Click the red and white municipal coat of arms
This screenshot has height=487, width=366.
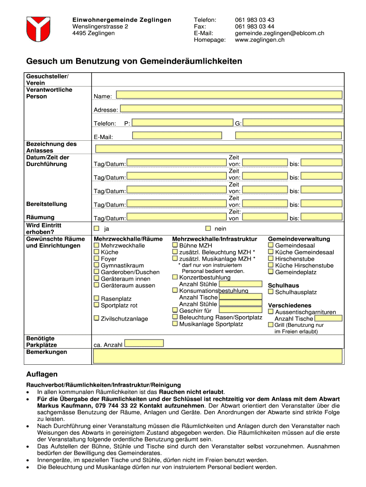point(38,29)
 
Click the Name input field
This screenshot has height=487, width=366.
point(229,95)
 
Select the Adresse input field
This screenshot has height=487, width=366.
point(231,108)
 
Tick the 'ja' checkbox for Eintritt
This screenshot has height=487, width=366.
point(96,228)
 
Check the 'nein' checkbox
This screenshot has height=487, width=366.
point(208,228)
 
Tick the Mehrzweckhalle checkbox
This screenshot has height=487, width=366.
point(96,245)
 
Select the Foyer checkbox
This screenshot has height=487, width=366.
point(96,259)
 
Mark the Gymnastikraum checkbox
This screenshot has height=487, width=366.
point(96,265)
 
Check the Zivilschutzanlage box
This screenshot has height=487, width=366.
point(96,318)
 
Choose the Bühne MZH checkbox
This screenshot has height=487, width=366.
point(175,245)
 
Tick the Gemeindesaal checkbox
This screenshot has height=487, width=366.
point(271,245)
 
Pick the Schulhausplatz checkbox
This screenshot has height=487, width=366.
point(271,292)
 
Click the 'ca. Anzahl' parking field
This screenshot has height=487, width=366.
point(144,343)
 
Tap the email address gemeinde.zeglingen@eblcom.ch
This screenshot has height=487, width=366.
point(279,33)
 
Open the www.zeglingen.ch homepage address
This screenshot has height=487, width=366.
point(260,40)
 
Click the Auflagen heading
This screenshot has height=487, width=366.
point(42,374)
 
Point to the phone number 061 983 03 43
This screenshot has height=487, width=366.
point(254,20)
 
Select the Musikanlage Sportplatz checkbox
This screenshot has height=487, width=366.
point(175,324)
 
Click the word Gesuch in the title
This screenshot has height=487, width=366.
point(41,61)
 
